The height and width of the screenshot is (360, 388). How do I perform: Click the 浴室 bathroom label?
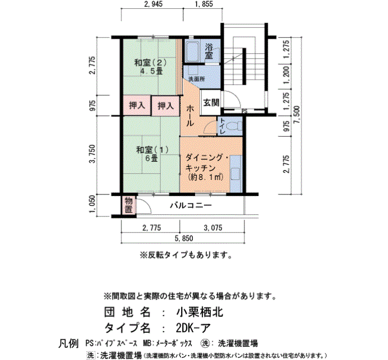pyautogui.click(x=209, y=51)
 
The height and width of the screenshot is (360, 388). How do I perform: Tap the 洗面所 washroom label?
pyautogui.click(x=196, y=79)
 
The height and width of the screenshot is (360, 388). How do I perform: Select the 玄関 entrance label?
pyautogui.click(x=211, y=102)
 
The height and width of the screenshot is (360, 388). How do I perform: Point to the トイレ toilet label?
pyautogui.click(x=222, y=126)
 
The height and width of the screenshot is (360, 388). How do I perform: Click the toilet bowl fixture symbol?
pyautogui.click(x=234, y=127)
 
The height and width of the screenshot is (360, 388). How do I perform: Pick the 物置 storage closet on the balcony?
pyautogui.click(x=129, y=205)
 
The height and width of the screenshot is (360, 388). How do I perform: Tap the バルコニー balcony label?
pyautogui.click(x=191, y=205)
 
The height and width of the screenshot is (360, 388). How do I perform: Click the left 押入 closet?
pyautogui.click(x=137, y=106)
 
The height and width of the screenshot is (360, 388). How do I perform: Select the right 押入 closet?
pyautogui.click(x=165, y=106)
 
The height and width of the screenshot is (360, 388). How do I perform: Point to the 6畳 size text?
pyautogui.click(x=151, y=158)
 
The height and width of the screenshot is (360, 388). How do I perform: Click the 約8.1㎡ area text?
pyautogui.click(x=206, y=177)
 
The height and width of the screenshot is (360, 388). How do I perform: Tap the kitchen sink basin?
pyautogui.click(x=236, y=174)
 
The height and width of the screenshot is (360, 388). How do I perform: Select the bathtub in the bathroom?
pyautogui.click(x=192, y=52)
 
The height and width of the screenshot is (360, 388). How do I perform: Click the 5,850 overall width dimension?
pyautogui.click(x=183, y=238)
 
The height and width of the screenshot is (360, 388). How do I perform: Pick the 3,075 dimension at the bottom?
pyautogui.click(x=213, y=228)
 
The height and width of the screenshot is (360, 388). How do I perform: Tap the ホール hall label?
pyautogui.click(x=190, y=115)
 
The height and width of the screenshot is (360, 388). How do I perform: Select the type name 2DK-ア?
pyautogui.click(x=193, y=328)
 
